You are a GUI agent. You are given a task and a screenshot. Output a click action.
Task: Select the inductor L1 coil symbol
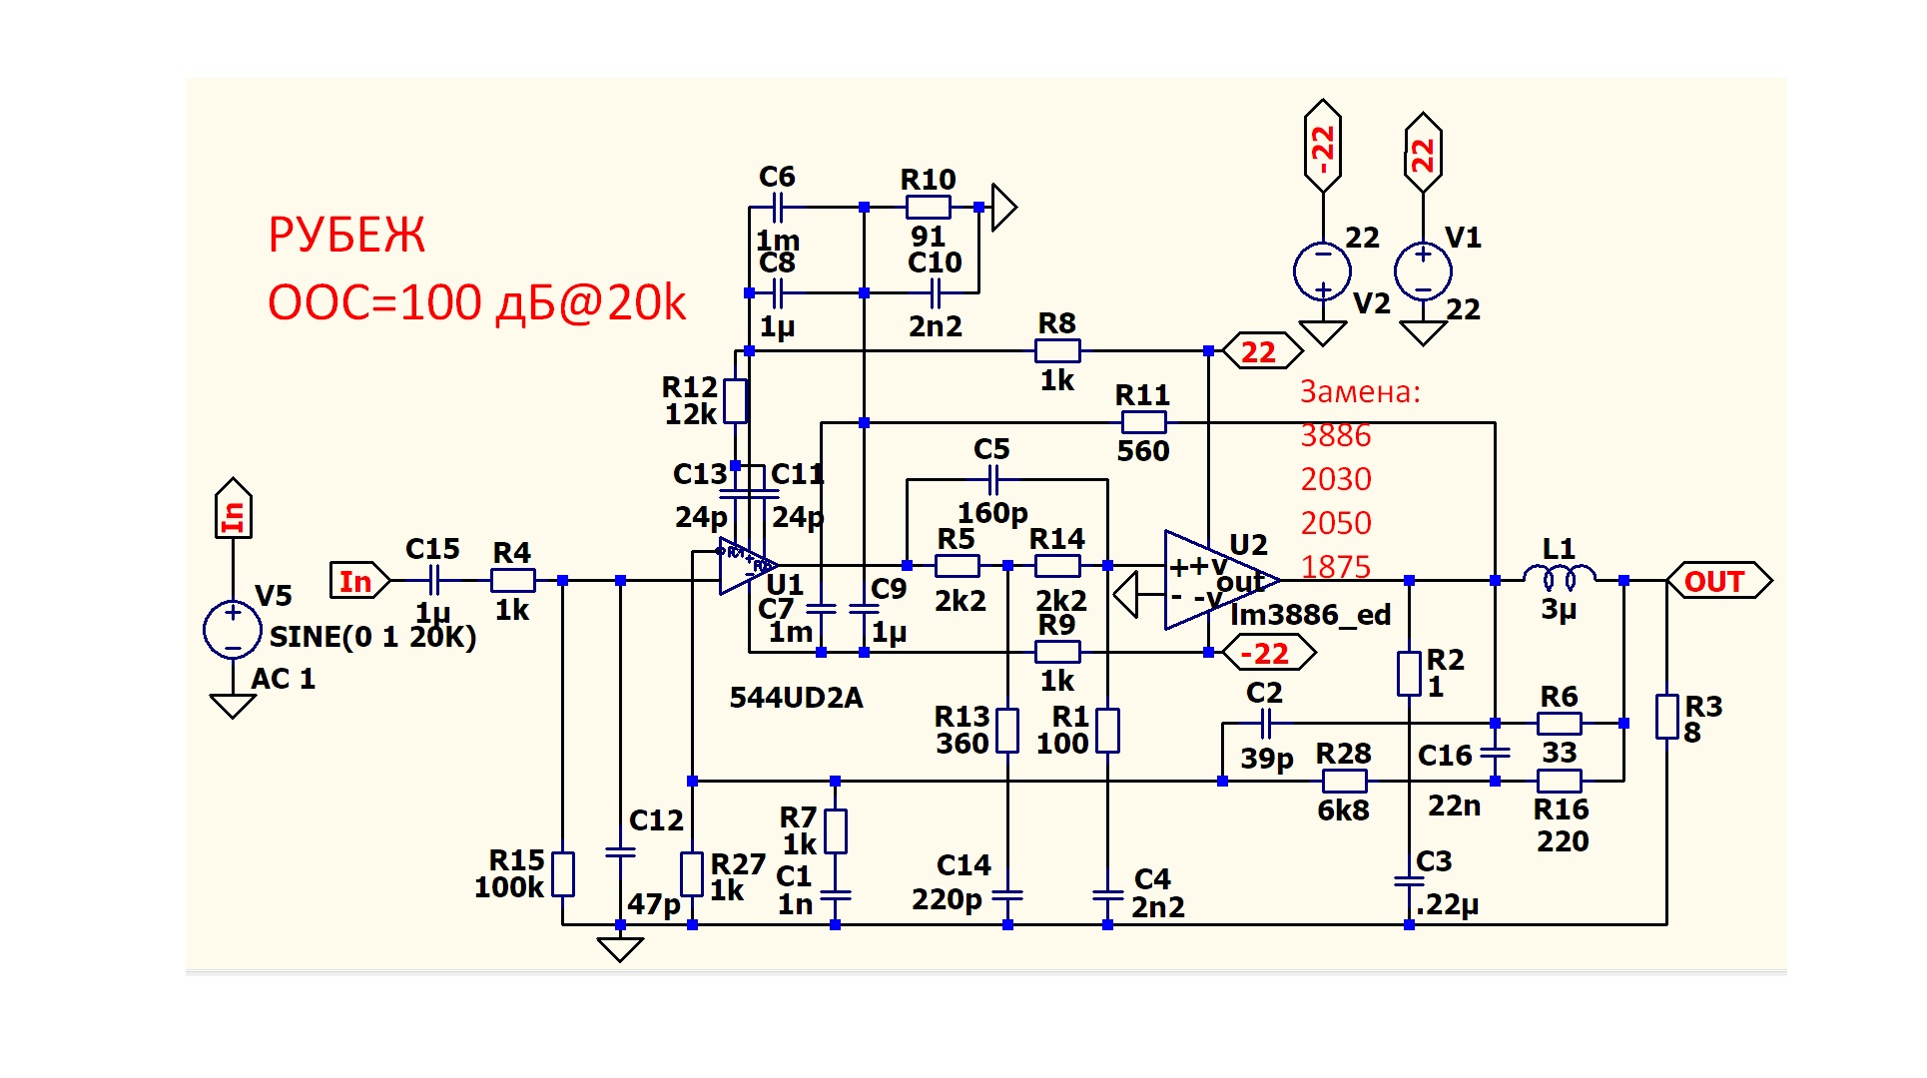[x=1559, y=577]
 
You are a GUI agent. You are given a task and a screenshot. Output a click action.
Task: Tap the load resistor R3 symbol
[x=1666, y=717]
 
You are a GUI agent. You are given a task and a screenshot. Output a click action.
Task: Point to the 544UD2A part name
[x=796, y=698]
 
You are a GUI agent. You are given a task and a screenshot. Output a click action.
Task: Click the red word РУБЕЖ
[x=346, y=236]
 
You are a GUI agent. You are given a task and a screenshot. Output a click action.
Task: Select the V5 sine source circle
[x=233, y=629]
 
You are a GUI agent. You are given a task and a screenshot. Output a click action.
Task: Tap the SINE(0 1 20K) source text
[x=372, y=637]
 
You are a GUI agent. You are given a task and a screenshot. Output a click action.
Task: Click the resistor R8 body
[x=1057, y=351]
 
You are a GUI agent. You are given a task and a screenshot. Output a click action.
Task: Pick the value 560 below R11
[x=1142, y=451]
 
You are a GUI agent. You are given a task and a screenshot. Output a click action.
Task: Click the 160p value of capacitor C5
[x=992, y=513]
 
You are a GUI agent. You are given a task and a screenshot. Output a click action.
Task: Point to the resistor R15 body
[x=563, y=874]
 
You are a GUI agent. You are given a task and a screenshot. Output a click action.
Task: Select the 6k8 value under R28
[x=1343, y=810]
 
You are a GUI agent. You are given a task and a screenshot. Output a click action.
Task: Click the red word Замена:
[x=1360, y=392]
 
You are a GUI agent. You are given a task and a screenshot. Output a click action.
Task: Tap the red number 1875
[x=1336, y=567]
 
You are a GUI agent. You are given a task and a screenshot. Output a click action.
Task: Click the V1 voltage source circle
[x=1423, y=270]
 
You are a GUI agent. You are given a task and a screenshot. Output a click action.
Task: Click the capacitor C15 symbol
[x=433, y=580]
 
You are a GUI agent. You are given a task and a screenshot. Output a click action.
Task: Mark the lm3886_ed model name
[x=1310, y=615]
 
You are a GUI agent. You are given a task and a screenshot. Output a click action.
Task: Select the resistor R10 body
[x=928, y=208]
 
